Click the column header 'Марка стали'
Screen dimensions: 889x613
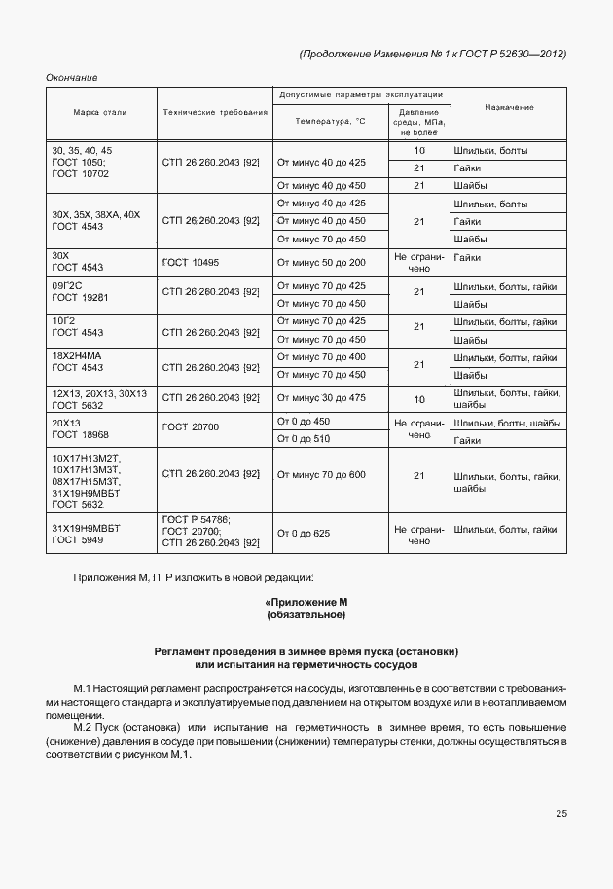[x=100, y=113]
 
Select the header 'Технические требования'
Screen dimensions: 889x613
[x=215, y=113]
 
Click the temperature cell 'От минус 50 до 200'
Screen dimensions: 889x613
[x=321, y=263]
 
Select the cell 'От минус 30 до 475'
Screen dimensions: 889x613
[x=321, y=397]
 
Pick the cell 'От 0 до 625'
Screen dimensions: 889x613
[x=304, y=534]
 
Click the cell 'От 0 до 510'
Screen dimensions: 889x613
[x=304, y=439]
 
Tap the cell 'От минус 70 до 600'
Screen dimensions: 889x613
[x=321, y=474]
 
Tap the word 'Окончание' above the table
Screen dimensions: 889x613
[x=72, y=78]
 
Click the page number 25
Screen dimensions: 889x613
[x=560, y=814]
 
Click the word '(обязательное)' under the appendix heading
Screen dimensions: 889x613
[x=306, y=615]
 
